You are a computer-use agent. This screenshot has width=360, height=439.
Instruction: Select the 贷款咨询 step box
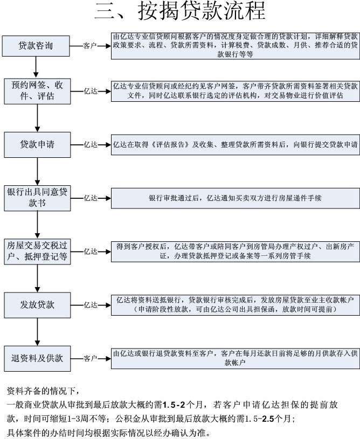point(36,46)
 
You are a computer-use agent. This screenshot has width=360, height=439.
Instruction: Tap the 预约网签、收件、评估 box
point(37,91)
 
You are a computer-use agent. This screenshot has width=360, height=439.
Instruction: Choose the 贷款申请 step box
point(37,145)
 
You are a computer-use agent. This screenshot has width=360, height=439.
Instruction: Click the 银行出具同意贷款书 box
point(37,198)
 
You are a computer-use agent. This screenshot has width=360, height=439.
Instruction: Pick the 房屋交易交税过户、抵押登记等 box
point(37,252)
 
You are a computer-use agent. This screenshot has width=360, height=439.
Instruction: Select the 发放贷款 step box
point(37,305)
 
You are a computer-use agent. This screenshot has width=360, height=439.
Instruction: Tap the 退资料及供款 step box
point(37,358)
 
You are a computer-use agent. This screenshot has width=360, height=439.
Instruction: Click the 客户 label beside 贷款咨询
point(89,46)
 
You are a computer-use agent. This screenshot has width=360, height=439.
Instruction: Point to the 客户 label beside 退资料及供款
point(90,358)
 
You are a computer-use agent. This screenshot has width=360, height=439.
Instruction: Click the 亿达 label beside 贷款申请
point(91,145)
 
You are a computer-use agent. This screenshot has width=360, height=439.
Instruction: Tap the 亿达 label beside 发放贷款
point(91,305)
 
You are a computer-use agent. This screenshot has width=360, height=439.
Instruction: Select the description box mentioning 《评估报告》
point(236,145)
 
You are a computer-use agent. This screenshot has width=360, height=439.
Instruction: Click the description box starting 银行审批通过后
point(236,198)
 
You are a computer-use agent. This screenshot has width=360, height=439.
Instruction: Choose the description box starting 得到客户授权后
point(236,252)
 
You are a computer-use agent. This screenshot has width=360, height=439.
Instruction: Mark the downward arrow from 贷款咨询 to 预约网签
point(36,67)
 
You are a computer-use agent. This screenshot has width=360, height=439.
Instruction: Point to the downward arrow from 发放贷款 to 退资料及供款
point(37,332)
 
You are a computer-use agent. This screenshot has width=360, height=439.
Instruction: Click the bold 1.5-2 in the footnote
point(174,405)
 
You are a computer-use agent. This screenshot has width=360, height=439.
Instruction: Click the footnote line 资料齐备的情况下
point(43,391)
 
